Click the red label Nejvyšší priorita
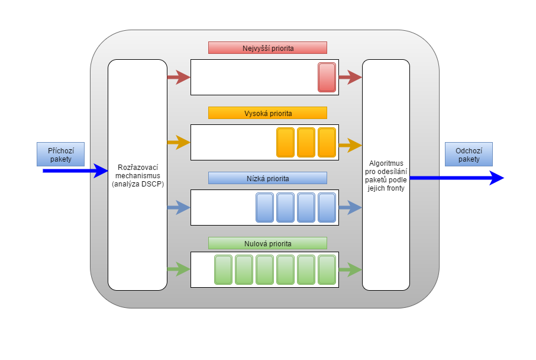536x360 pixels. [x=267, y=48]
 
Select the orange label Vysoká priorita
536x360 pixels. [x=267, y=113]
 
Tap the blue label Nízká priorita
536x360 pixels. [x=267, y=178]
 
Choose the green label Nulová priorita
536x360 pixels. [x=267, y=243]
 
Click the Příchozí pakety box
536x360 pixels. [x=60, y=154]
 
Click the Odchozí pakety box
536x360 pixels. [x=468, y=154]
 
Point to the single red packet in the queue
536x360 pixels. [x=327, y=77]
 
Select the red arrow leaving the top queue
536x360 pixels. [x=350, y=77]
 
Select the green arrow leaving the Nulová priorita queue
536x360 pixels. [x=350, y=270]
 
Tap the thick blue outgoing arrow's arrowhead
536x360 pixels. [x=496, y=178]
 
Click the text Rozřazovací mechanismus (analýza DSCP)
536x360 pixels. [x=137, y=175]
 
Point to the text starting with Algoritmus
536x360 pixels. [x=386, y=175]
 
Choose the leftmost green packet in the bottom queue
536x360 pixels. [x=223, y=269]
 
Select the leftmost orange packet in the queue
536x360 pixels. [x=285, y=142]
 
